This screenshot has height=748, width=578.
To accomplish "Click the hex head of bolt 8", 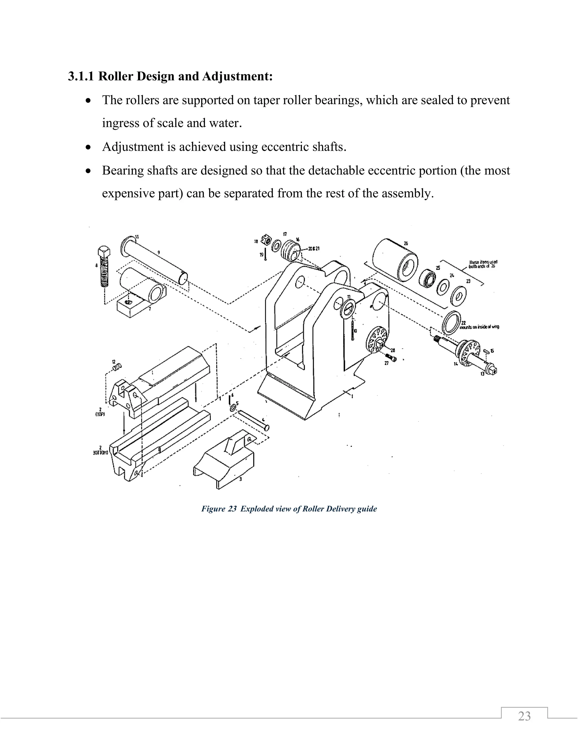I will (103, 252).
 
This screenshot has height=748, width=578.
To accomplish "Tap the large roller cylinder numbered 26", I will (395, 259).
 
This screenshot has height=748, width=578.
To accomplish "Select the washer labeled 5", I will (233, 408).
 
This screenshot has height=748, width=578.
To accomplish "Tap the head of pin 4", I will (267, 428).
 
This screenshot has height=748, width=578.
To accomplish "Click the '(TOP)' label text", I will (100, 414).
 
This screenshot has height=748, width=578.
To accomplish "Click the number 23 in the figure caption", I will (232, 509).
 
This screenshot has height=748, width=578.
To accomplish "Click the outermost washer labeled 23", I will (458, 296).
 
